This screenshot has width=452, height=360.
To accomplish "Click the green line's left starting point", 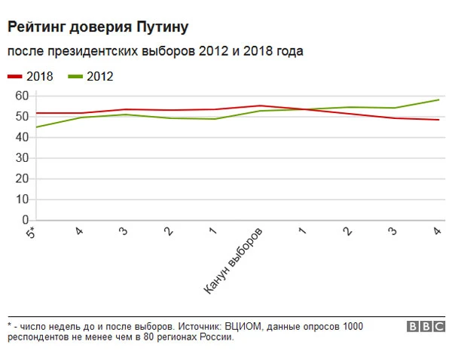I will click(35, 127).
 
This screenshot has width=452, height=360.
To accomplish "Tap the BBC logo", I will click(426, 327).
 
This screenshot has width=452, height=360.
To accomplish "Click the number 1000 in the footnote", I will click(351, 327).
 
